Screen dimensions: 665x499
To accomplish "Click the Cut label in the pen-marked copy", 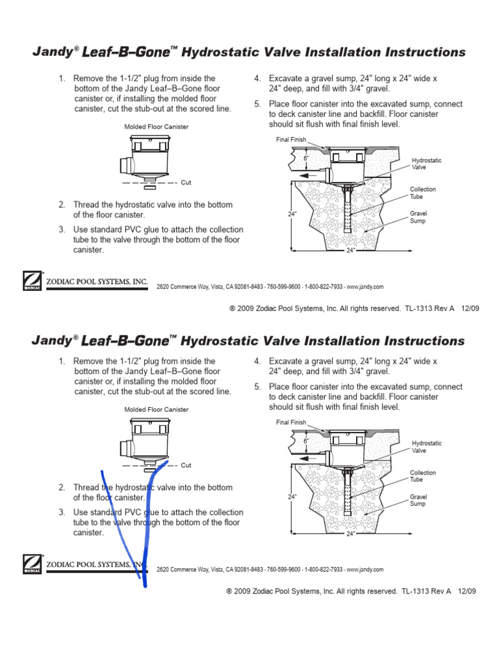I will [186, 465].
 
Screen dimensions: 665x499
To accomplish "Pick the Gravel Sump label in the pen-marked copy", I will [418, 499].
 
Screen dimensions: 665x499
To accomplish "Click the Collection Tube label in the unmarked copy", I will [422, 193].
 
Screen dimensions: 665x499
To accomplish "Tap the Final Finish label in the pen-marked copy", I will [290, 422].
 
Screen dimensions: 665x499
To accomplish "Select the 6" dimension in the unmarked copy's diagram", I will [306, 158].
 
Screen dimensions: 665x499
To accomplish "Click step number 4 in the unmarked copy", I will [257, 79].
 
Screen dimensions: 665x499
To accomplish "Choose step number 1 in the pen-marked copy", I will [62, 361].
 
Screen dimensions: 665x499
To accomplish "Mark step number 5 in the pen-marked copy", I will [257, 386].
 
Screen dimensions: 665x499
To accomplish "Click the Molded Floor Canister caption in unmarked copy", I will [157, 127].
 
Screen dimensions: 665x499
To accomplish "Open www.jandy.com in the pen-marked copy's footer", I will [365, 569].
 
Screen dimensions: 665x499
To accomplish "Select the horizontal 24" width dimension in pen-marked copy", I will [351, 534].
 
